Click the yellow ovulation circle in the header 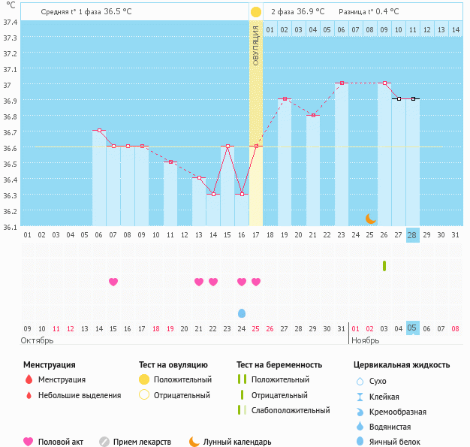(x=256, y=12)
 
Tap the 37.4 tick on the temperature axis (x=11, y=22)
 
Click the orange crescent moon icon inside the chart (x=370, y=218)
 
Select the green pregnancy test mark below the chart (x=384, y=266)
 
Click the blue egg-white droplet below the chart (x=242, y=313)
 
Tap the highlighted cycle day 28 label (x=412, y=234)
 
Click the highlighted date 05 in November (x=412, y=328)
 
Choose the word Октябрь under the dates (x=37, y=340)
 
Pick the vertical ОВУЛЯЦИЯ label (x=256, y=45)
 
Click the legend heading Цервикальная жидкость (x=402, y=365)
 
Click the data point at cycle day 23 (x=342, y=83)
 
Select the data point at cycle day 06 (x=99, y=130)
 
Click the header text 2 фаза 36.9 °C (x=297, y=12)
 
